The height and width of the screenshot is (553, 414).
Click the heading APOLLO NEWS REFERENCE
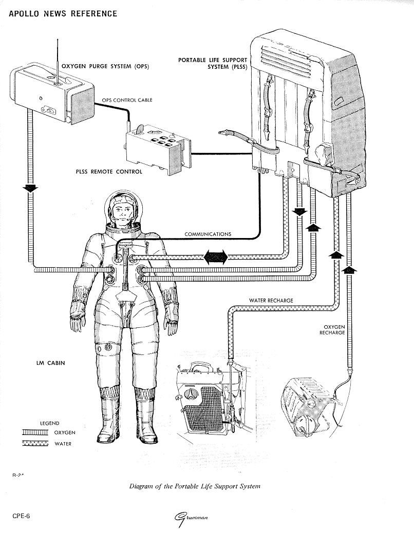point(63,13)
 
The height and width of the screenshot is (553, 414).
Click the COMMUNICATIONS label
point(208,234)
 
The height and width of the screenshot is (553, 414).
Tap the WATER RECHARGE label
point(272,300)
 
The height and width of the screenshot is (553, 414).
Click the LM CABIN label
point(47,363)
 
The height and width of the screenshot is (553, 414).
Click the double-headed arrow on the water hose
point(215,258)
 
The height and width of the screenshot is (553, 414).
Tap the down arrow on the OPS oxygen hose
point(31,188)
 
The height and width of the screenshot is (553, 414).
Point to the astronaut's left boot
point(145,416)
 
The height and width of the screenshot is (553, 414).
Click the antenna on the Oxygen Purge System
point(58,59)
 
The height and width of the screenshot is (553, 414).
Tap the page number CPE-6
point(21,516)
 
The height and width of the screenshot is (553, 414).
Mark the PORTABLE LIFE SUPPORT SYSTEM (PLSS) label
point(205,63)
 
